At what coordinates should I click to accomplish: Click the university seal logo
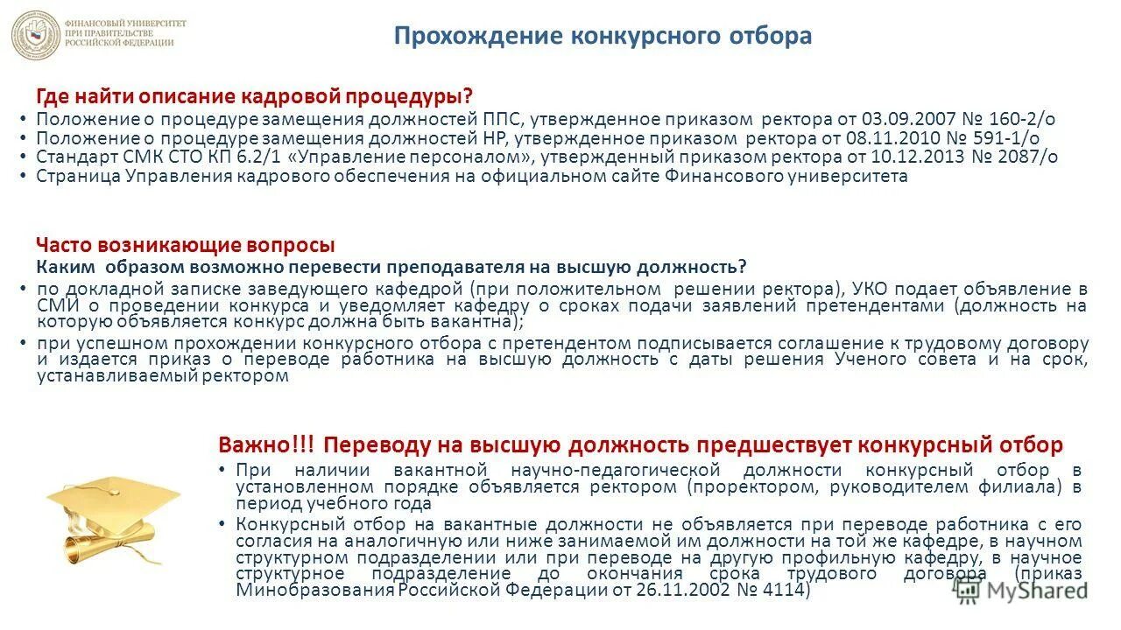(x=36, y=35)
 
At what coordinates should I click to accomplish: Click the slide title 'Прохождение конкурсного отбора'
(x=603, y=36)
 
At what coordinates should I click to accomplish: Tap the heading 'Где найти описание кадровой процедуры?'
(x=254, y=95)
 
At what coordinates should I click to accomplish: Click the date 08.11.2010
(x=889, y=137)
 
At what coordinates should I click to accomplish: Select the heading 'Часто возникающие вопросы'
(x=185, y=246)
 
